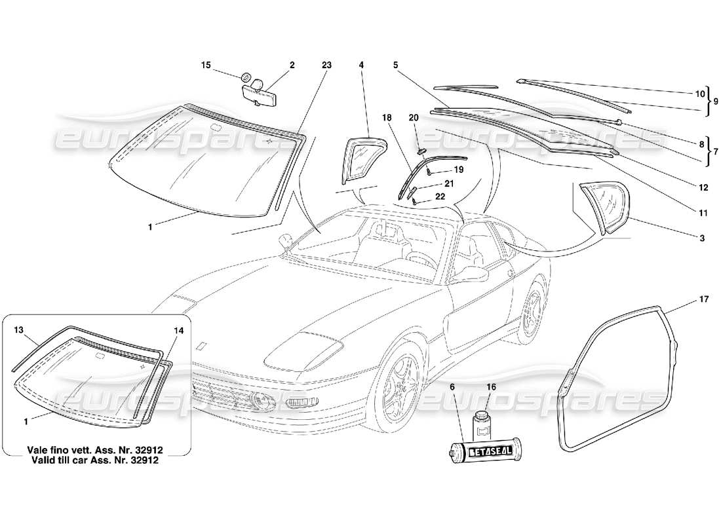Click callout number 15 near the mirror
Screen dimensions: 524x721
205,65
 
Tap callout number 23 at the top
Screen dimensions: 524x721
326,65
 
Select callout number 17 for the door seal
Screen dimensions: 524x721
703,300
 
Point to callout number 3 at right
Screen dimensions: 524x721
702,238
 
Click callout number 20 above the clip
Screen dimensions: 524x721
413,117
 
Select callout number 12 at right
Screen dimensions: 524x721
703,188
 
